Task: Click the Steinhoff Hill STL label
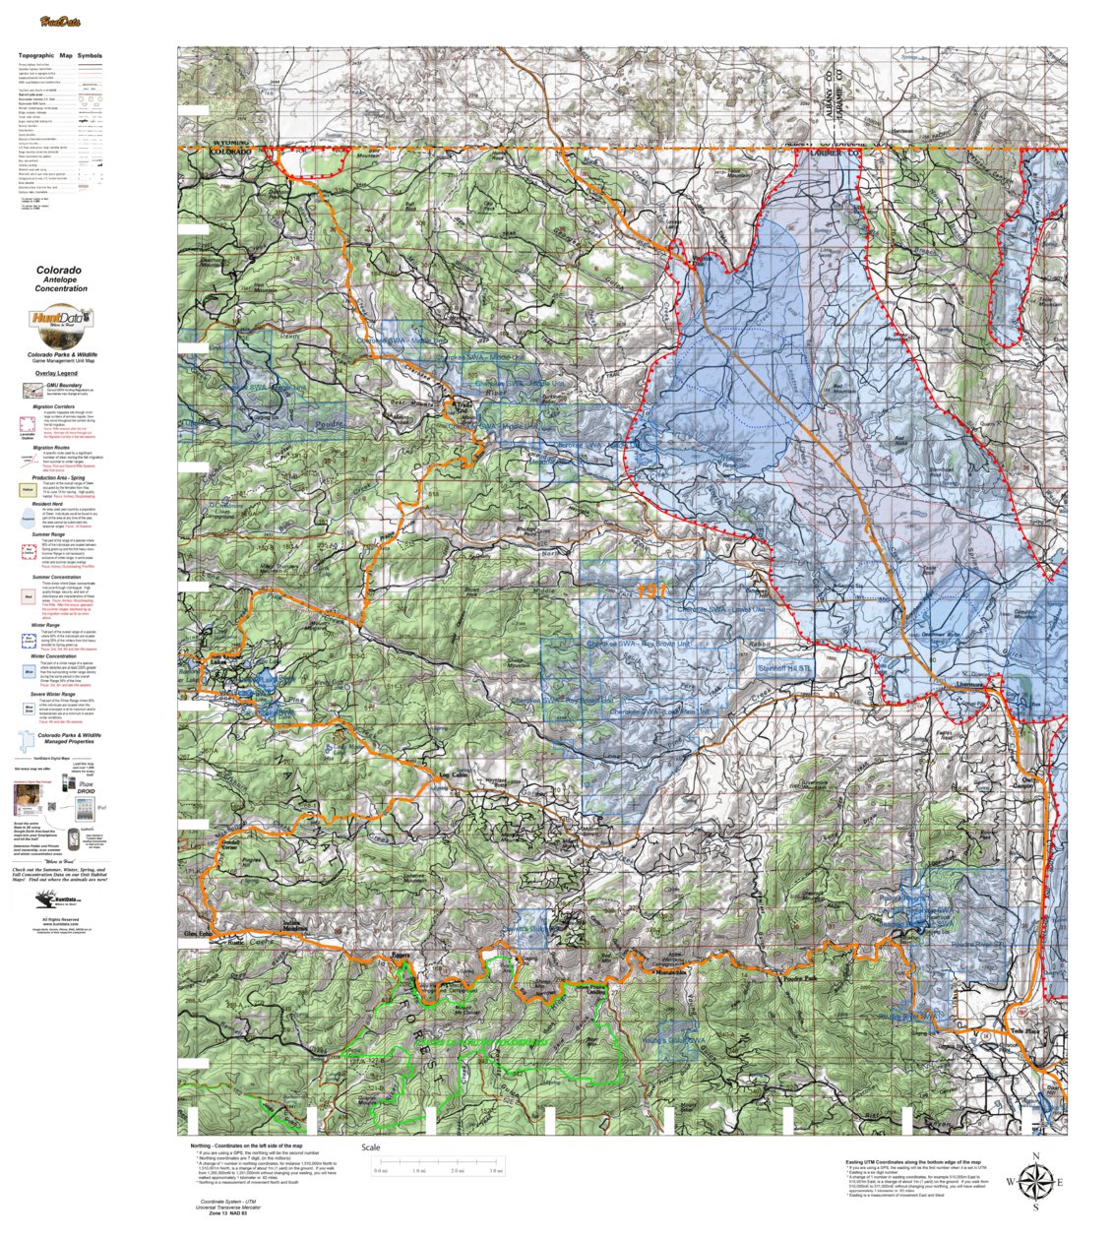click(786, 668)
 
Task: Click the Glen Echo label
click(198, 933)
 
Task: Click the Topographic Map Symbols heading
click(59, 56)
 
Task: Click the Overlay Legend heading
click(56, 374)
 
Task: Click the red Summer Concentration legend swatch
click(28, 594)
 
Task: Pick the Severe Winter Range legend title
click(66, 694)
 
